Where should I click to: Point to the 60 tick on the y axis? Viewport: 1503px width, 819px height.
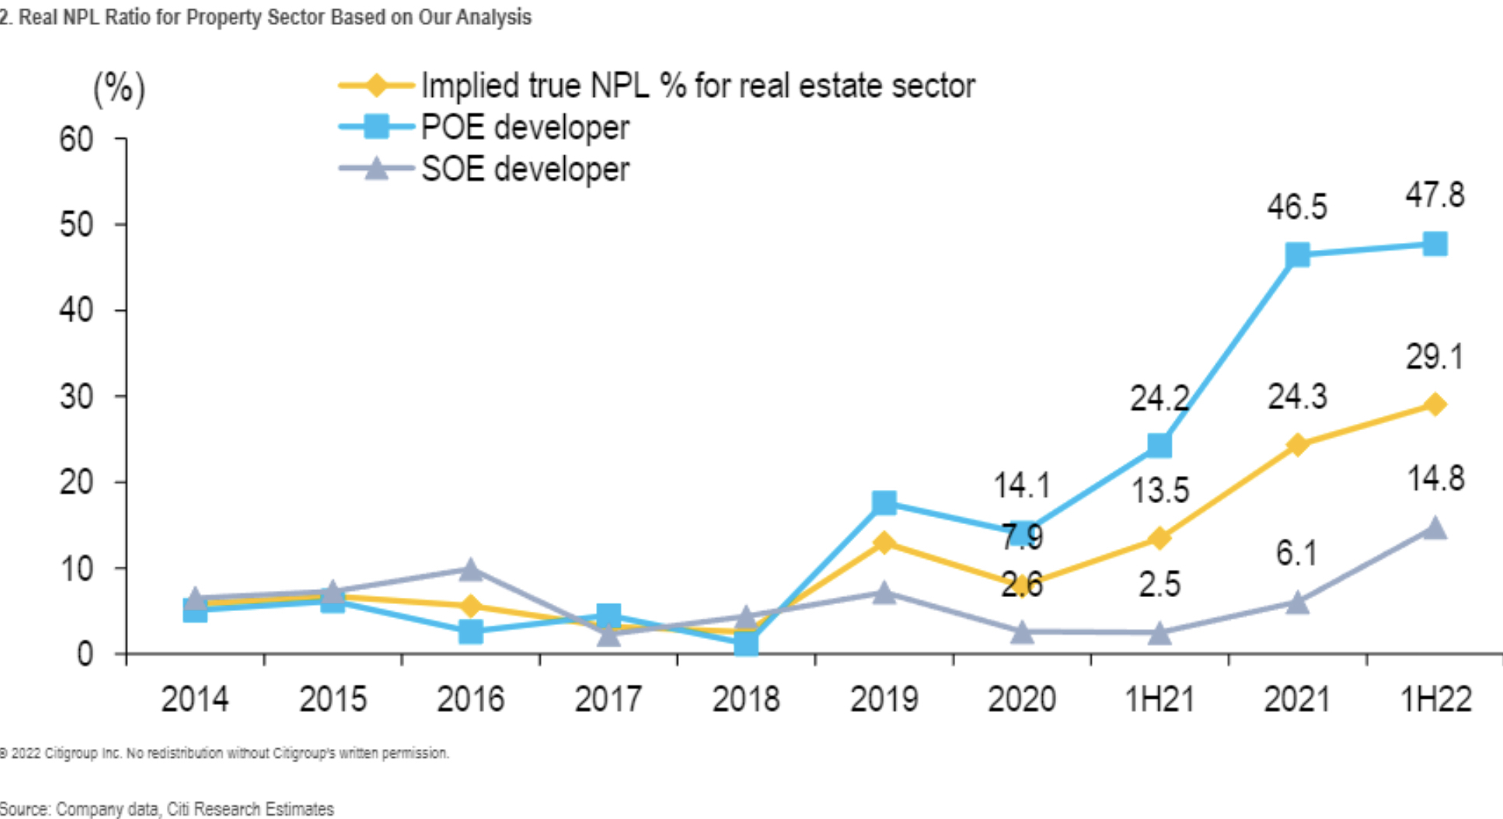(x=76, y=140)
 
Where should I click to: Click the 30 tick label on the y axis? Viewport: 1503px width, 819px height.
(x=76, y=397)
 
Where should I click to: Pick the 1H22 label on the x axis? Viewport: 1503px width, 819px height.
(x=1435, y=699)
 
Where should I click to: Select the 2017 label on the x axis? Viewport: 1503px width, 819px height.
(x=608, y=699)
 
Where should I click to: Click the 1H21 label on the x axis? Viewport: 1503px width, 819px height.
(x=1159, y=699)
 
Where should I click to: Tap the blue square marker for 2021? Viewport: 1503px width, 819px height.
(x=1297, y=255)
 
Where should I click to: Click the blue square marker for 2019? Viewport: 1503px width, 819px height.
(x=884, y=503)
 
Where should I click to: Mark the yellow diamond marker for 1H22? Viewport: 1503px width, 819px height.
(x=1435, y=404)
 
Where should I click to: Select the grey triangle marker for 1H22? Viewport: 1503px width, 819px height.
(x=1435, y=529)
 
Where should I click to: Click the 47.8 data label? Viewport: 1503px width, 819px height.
(x=1435, y=195)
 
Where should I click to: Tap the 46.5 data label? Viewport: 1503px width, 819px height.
(x=1297, y=207)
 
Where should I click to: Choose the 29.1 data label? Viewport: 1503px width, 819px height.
(x=1435, y=357)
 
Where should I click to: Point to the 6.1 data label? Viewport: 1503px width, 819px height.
(x=1297, y=554)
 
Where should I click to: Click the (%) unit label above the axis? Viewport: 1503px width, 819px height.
(x=119, y=88)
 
